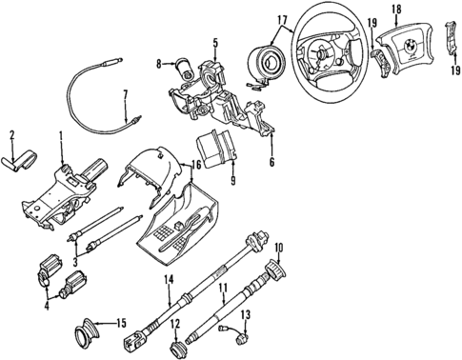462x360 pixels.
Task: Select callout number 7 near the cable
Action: (x=125, y=93)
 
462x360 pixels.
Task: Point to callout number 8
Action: (x=159, y=64)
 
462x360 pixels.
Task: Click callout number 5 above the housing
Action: (x=215, y=42)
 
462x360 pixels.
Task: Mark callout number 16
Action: (x=194, y=164)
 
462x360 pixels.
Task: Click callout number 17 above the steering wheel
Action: (x=281, y=19)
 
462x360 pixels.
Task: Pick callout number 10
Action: (x=280, y=249)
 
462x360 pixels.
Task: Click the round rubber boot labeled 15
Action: (x=86, y=335)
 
